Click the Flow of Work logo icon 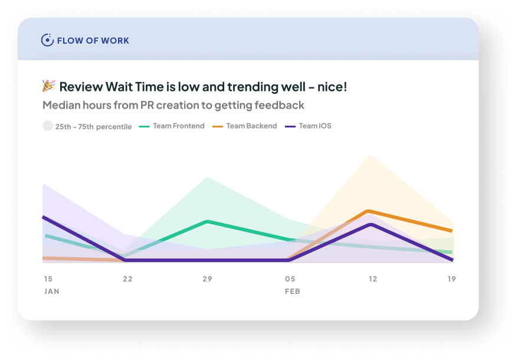[x=47, y=40]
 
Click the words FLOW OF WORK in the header [x=93, y=41]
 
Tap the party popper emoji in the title [x=48, y=86]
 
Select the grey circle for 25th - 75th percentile [x=48, y=126]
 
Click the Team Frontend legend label [x=178, y=126]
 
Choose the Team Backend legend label [x=251, y=126]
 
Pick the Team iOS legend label [x=314, y=126]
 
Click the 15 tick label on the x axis [x=48, y=279]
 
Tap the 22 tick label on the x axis [x=127, y=279]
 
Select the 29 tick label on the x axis [x=207, y=279]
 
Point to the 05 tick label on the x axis [x=290, y=279]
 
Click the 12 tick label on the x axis [x=373, y=279]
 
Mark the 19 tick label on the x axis [x=451, y=279]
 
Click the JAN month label [x=51, y=292]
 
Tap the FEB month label [x=293, y=292]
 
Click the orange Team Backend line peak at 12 [x=369, y=211]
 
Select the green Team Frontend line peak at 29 [x=208, y=221]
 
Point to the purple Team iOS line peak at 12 [x=371, y=224]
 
